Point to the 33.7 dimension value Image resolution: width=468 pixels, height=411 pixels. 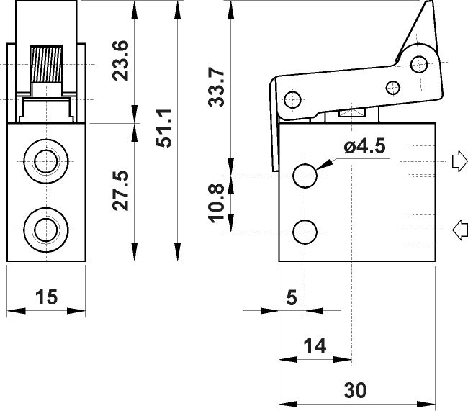pos(216,87)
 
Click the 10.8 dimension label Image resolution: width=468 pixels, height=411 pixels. pos(216,203)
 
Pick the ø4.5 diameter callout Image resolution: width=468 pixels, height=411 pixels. pos(365,147)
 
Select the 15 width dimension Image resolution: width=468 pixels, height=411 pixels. pos(46,297)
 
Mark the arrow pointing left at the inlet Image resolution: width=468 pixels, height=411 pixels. pos(458,230)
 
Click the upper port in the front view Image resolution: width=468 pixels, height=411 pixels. pos(46,159)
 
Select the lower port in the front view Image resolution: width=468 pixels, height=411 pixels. pos(46,230)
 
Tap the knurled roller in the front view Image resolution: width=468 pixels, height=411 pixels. pos(48,63)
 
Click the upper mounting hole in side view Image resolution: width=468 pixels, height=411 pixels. pos(305,175)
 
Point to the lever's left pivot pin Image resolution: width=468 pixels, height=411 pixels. pos(292,99)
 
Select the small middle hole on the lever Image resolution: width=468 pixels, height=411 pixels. pos(392,88)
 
